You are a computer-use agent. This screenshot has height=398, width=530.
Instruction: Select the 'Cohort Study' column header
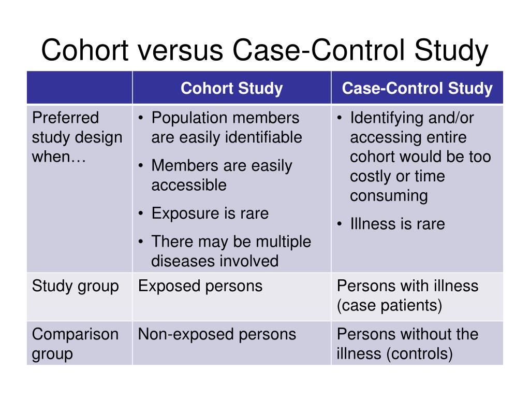click(231, 88)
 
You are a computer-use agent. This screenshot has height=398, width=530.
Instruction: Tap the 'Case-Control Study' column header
click(417, 88)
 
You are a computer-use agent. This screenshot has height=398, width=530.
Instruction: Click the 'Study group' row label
click(76, 286)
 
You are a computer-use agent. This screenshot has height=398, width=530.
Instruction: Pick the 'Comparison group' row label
click(76, 344)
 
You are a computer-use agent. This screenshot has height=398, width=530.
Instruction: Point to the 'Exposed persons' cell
click(200, 286)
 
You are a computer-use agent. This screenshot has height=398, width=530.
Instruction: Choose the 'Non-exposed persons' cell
click(217, 334)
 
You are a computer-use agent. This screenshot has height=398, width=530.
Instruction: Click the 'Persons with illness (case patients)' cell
click(407, 296)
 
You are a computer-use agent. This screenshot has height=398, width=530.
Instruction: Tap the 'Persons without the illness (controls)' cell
click(407, 344)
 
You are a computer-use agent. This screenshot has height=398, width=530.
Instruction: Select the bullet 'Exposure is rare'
click(210, 214)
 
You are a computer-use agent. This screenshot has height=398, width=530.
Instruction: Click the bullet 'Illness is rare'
click(397, 224)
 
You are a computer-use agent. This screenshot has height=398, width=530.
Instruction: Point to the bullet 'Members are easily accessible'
click(221, 175)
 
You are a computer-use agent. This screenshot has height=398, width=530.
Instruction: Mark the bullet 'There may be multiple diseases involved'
click(230, 251)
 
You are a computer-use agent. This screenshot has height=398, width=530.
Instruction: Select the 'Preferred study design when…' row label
click(77, 137)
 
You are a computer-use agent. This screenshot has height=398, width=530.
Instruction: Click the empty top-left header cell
click(80, 88)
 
